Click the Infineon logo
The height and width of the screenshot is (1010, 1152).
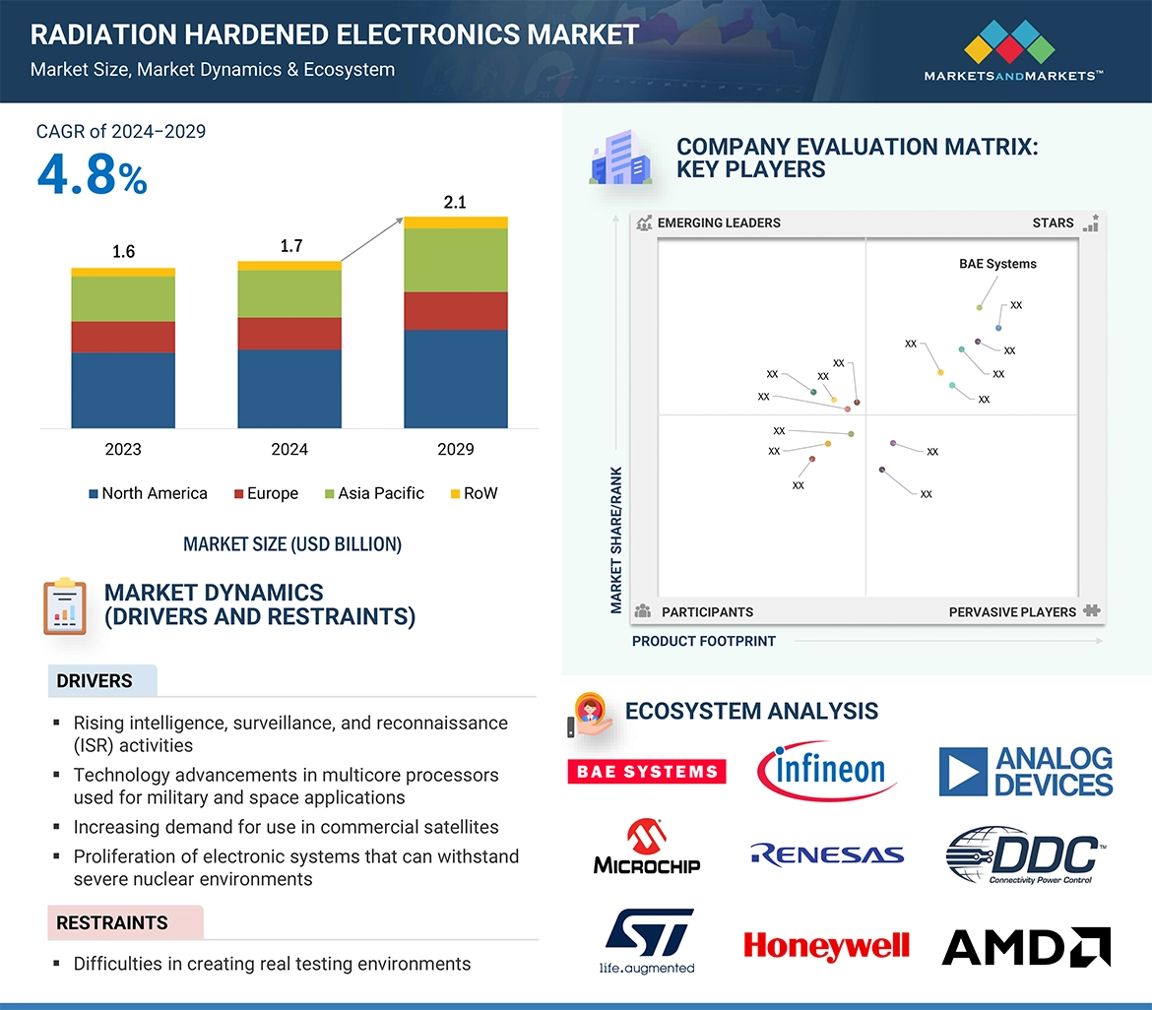click(828, 770)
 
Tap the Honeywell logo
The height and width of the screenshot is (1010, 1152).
click(826, 946)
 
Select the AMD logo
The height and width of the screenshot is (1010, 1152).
click(1026, 947)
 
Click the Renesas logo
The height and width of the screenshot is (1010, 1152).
click(826, 854)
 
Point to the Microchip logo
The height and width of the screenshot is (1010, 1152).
click(647, 850)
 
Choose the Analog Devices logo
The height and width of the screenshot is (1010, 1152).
click(1026, 772)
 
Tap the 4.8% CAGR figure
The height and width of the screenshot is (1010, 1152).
click(92, 174)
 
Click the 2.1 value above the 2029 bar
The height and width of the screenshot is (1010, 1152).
click(455, 203)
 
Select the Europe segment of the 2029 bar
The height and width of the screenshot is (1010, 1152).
click(456, 311)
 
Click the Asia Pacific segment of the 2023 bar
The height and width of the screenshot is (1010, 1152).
click(123, 298)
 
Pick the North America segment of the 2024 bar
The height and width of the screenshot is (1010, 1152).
click(289, 388)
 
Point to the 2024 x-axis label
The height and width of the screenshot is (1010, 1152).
click(289, 449)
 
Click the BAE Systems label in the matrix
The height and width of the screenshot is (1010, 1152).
click(997, 264)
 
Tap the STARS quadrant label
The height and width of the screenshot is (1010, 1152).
click(1053, 222)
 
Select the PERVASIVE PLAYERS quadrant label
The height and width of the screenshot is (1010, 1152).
click(1012, 611)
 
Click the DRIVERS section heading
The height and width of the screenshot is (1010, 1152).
click(95, 680)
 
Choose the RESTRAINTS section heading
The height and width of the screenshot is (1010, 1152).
click(112, 922)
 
